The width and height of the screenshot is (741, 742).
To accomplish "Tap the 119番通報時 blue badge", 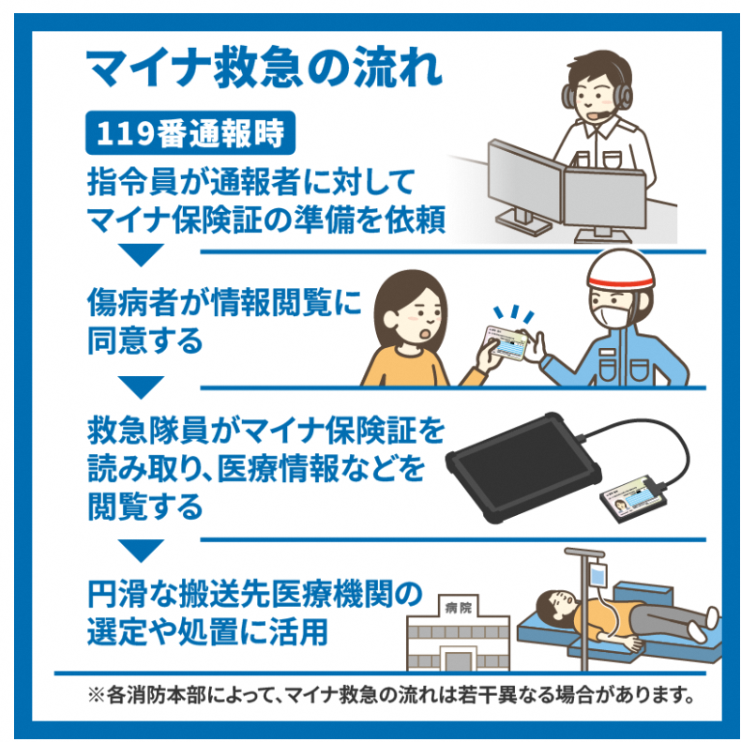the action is pos(190,132).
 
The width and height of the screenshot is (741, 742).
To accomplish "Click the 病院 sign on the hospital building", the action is pos(459,608).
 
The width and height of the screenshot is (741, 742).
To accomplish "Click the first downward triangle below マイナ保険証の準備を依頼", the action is pos(140,254).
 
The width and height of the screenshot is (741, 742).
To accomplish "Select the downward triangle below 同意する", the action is pos(140,386).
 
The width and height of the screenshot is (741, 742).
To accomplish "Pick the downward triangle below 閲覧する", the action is pos(140,551).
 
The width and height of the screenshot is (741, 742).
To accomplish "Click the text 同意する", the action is pos(144,341).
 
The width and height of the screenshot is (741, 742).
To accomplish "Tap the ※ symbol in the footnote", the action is pos(97,695).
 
